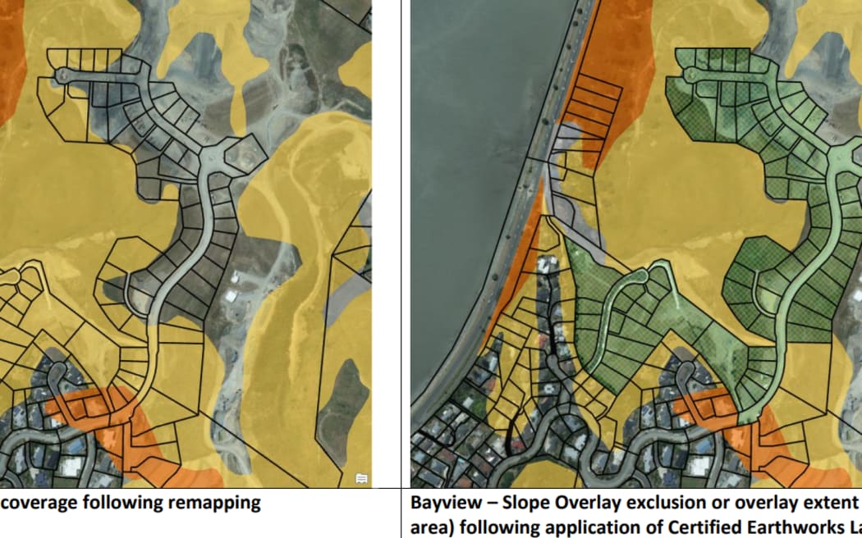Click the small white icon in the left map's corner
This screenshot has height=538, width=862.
tap(361, 478)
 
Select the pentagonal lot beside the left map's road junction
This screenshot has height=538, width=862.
tap(243, 153)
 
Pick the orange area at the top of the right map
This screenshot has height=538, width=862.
tap(608, 57)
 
